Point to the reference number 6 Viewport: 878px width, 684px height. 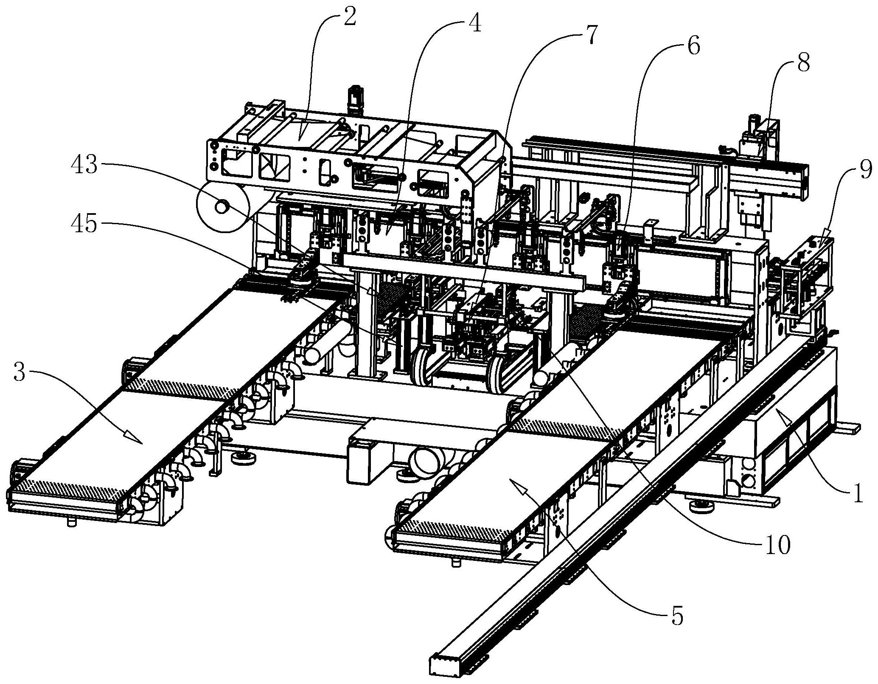click(x=693, y=46)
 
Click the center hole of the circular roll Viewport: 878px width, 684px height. click(x=222, y=207)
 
